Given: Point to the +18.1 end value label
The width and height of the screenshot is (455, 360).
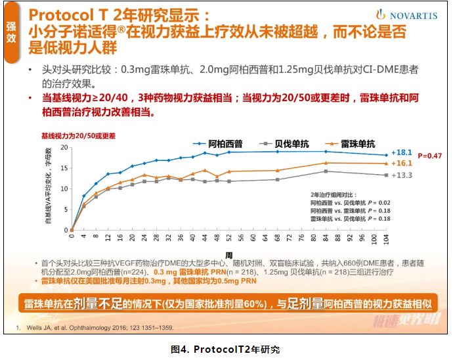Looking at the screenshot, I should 401,152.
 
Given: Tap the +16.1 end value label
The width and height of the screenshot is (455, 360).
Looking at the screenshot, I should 401,163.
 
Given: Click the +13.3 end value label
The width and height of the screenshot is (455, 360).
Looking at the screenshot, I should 401,175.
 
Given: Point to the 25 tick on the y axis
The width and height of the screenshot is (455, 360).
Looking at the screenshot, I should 64,146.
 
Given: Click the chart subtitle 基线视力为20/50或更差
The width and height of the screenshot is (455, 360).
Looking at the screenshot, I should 78,135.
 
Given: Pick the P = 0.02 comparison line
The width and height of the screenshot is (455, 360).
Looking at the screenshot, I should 351,203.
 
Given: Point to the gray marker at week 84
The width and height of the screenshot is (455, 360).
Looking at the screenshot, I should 326,171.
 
